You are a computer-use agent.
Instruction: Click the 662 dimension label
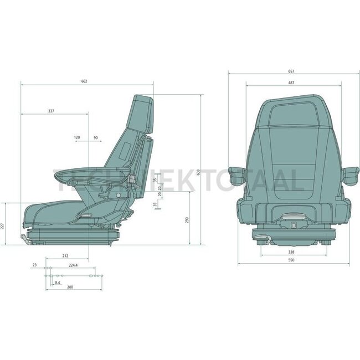[84, 81]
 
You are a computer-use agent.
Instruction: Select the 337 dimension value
[52, 111]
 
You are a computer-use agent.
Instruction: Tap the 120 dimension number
[76, 137]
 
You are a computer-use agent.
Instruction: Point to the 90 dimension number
[96, 137]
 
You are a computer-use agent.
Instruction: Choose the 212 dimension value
[65, 255]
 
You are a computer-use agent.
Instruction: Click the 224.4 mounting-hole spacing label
[73, 265]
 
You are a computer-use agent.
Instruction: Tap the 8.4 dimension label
[58, 283]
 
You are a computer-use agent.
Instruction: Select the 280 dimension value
[70, 287]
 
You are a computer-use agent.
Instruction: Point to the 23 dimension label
[34, 265]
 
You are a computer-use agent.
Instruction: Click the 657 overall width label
[291, 71]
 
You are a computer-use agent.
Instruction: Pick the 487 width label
[291, 83]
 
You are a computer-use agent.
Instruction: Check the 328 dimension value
[291, 252]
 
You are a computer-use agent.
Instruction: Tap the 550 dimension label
[291, 260]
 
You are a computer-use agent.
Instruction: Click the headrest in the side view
[142, 114]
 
